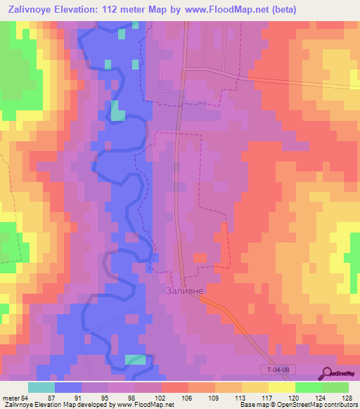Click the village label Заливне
pos(184,289)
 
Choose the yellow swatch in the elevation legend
pos(282,387)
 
